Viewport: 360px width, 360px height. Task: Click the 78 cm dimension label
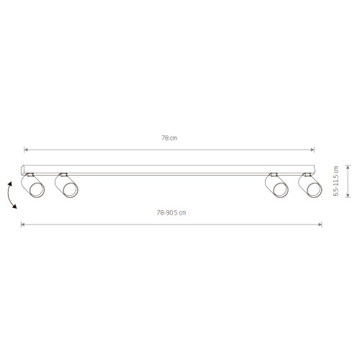point(169,138)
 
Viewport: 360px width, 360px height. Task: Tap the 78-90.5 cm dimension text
point(171,212)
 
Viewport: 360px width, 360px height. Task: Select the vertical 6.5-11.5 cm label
point(336,183)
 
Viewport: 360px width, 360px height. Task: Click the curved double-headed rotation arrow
point(12,196)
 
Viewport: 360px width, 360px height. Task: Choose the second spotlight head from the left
point(68,188)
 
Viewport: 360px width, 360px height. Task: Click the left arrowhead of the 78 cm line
point(26,150)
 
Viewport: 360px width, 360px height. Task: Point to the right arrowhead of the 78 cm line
point(313,150)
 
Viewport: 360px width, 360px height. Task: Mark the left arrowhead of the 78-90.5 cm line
point(23,225)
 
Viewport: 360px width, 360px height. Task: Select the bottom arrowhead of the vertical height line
point(348,195)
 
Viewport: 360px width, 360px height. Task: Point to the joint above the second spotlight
point(63,175)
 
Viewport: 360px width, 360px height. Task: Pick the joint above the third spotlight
point(274,175)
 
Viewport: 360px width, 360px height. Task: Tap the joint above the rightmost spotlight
point(307,175)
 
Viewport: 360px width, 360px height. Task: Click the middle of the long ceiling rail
point(169,171)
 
